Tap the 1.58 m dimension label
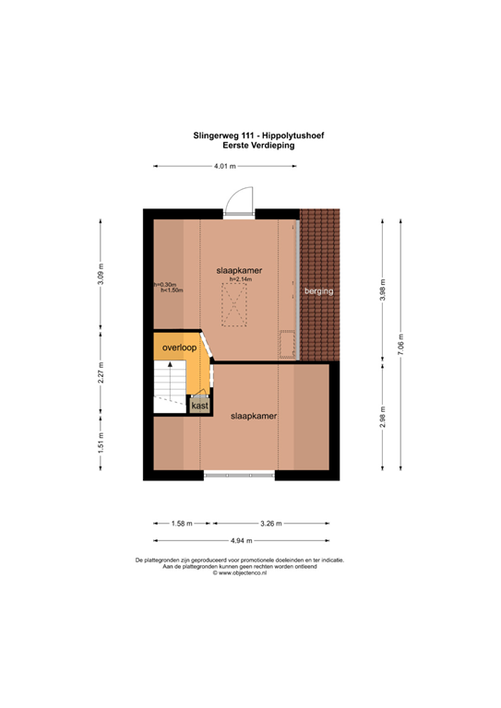(181, 524)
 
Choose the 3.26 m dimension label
(270, 524)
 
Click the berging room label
(319, 291)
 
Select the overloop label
(177, 348)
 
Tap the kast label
(199, 405)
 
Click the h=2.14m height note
(241, 279)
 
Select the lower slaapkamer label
(254, 416)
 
